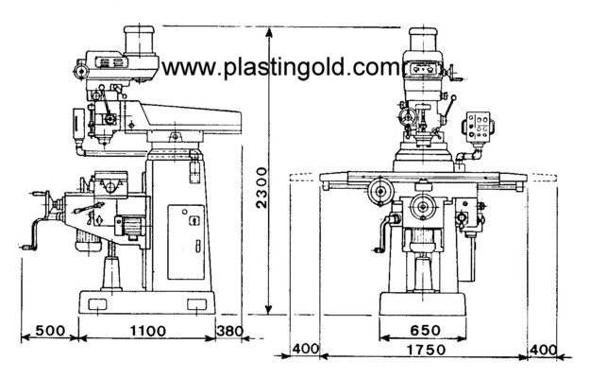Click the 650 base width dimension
pos(420,331)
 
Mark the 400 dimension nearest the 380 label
pos(304,350)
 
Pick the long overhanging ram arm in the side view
pos(194,118)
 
